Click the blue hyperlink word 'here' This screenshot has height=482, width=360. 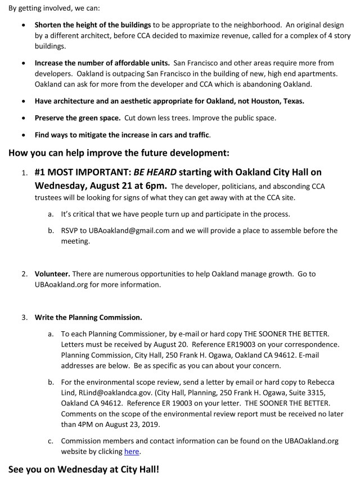point(132,451)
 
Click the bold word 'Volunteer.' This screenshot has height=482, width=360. point(52,274)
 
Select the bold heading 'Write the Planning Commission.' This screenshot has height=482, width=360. point(88,317)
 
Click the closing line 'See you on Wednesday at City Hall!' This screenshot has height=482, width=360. point(84,469)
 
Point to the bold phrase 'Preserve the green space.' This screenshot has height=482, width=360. point(78,119)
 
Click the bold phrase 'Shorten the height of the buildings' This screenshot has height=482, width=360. point(93,25)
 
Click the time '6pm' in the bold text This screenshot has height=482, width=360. point(151,186)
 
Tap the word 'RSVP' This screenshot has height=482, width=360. point(71,231)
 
